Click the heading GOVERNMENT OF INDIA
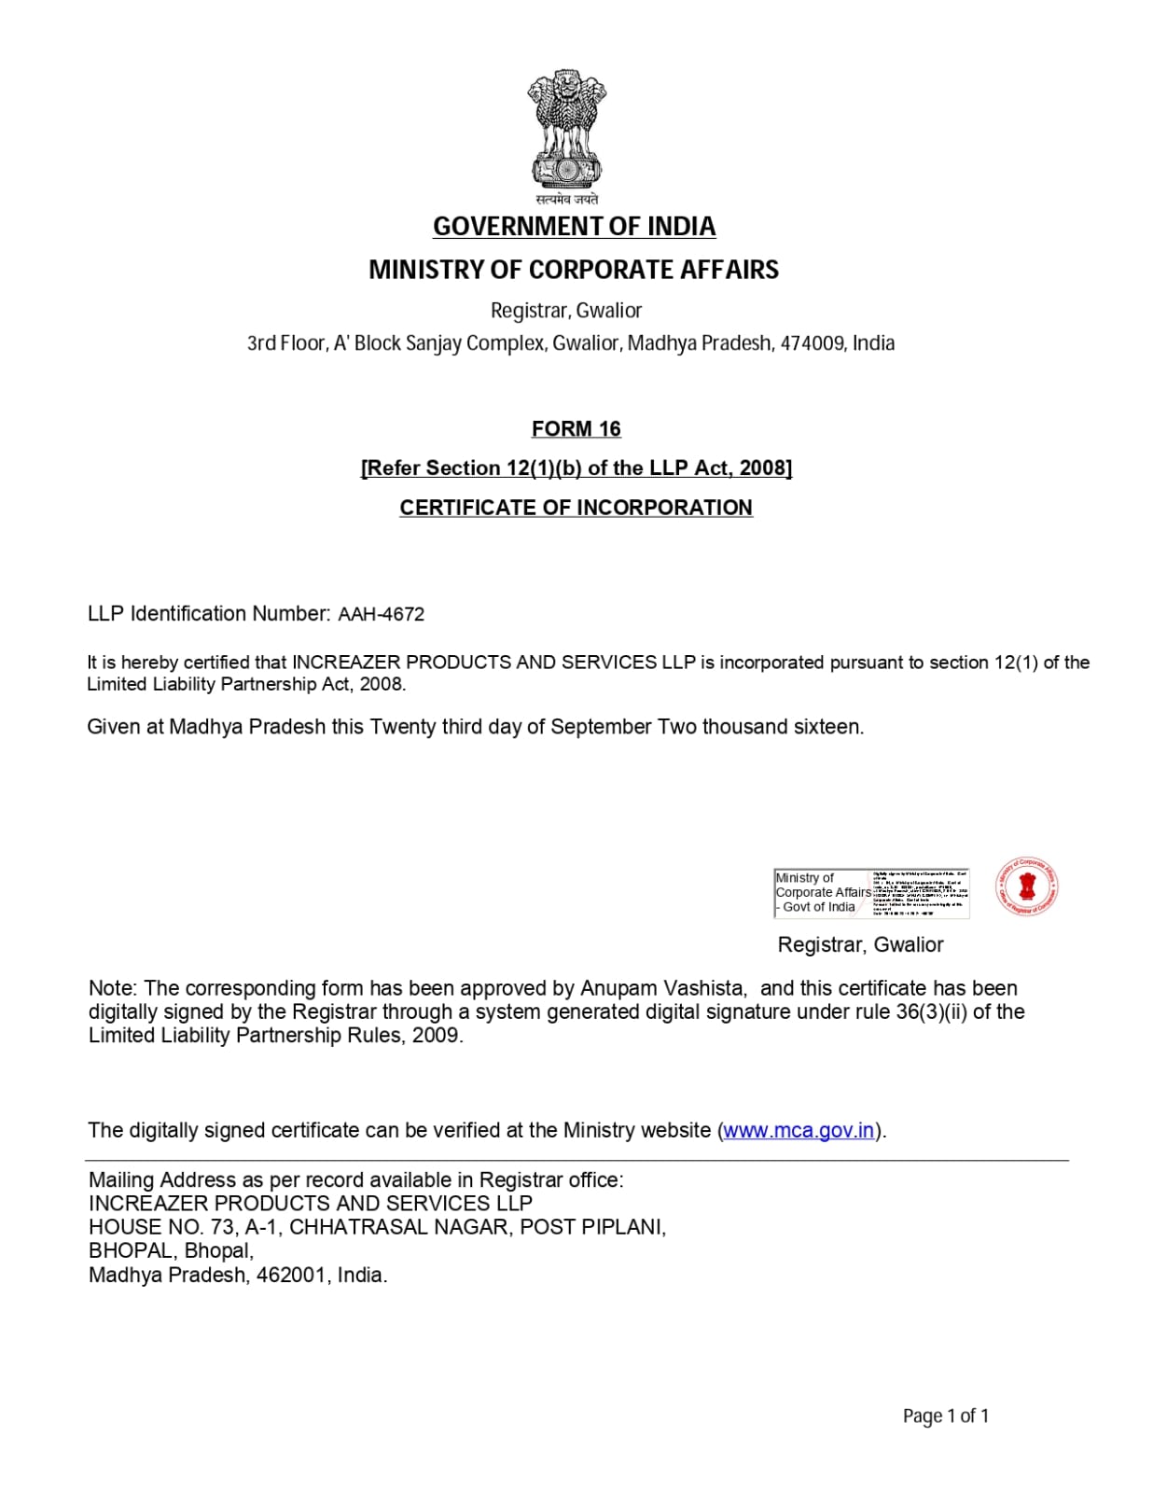tap(574, 227)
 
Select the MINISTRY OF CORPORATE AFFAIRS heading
tap(574, 270)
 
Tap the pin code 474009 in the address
tap(812, 343)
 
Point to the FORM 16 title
tap(576, 429)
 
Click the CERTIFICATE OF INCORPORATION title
tap(576, 508)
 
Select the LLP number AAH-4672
tap(381, 615)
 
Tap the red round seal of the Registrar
tap(1027, 886)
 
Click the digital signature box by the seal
tap(871, 893)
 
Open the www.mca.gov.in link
tap(799, 1131)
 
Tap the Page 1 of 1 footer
tap(945, 1416)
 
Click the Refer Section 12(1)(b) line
tap(576, 468)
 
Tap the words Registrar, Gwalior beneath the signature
tap(860, 945)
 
